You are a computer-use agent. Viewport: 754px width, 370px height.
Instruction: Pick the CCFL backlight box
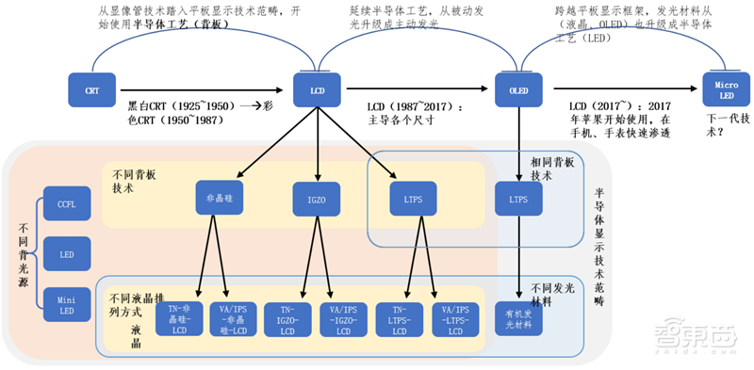[x=68, y=204]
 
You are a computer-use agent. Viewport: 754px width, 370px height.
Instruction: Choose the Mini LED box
[x=68, y=303]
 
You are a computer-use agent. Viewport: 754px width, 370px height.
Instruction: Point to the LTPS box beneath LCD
[x=413, y=200]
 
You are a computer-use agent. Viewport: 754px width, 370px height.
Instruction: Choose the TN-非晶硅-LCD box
[x=181, y=319]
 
